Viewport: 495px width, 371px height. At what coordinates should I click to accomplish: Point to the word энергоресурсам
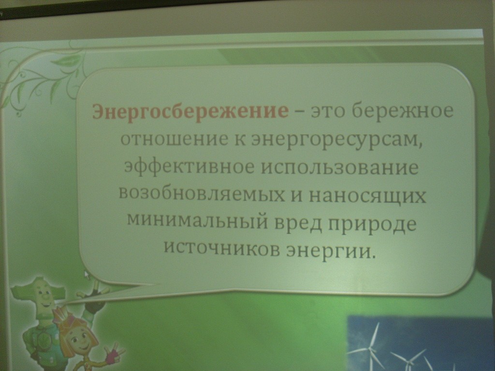click(x=336, y=141)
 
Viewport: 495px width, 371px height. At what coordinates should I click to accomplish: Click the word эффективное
click(x=189, y=167)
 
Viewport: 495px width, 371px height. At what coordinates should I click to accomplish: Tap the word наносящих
click(x=368, y=197)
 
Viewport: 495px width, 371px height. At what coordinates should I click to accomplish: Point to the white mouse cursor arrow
click(x=87, y=274)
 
